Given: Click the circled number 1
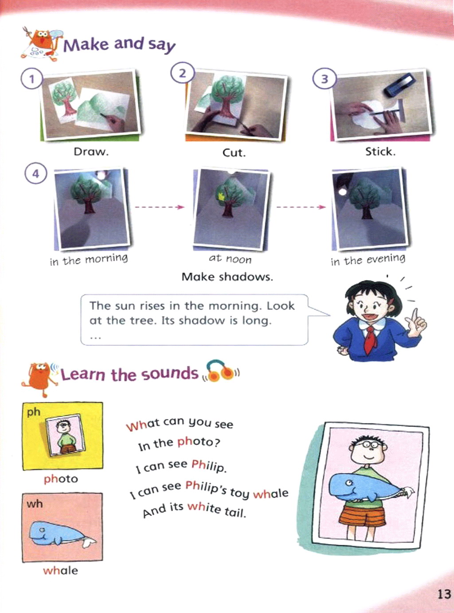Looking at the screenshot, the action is pos(32,79).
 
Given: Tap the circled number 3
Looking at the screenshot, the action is pos(325,79).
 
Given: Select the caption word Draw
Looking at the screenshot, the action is pos(91,152).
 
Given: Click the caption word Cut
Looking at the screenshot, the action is pos(234,152).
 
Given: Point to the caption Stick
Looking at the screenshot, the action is pos(380,152).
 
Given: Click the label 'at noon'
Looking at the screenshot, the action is pos(230,259).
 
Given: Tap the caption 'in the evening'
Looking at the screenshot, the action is pos(368,260).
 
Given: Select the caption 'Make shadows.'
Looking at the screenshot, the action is pos(227,277).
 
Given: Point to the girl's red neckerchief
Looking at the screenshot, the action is pos(371,339).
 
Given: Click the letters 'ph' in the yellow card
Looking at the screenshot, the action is pos(33,412).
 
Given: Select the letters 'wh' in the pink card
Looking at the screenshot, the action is pos(35,504).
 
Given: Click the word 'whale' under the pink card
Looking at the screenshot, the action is pos(61,570).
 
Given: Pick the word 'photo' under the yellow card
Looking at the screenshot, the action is pos(61,479).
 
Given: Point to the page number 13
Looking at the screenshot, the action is pos(444,593).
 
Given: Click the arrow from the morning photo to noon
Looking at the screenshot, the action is pos(160,207).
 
